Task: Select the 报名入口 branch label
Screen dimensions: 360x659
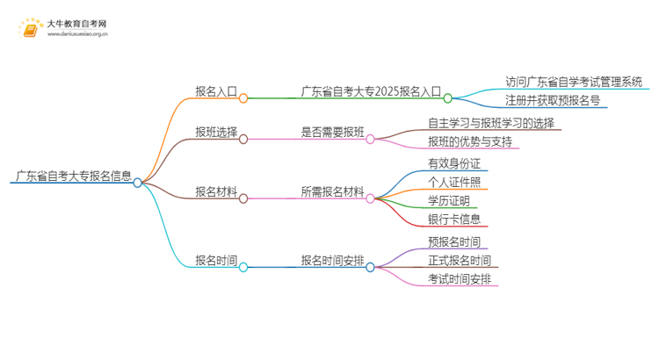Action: (x=216, y=90)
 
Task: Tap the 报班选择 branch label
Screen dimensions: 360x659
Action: (x=216, y=132)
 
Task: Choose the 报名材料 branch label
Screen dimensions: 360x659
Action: (x=216, y=191)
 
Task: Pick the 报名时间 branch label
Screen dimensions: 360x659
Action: (x=216, y=260)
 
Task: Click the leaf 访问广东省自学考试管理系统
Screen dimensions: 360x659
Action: (x=575, y=82)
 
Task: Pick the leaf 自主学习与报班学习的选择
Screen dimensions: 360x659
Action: (x=491, y=123)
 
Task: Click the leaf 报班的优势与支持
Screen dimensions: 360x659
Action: (x=469, y=141)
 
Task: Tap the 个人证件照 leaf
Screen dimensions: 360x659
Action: (x=453, y=182)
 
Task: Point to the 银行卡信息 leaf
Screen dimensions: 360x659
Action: (x=453, y=218)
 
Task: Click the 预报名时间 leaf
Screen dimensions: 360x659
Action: (x=453, y=241)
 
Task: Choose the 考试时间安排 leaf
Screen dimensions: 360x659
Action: (x=459, y=278)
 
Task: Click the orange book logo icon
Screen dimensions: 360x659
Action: (x=30, y=30)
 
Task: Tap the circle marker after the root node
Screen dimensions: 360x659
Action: (x=138, y=183)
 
